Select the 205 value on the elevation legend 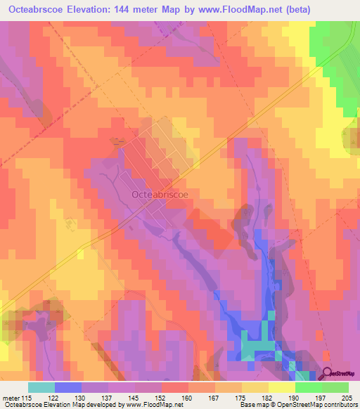(347, 397)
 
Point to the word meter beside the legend (11, 397)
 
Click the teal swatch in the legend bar (41, 387)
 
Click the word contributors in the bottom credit (340, 405)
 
